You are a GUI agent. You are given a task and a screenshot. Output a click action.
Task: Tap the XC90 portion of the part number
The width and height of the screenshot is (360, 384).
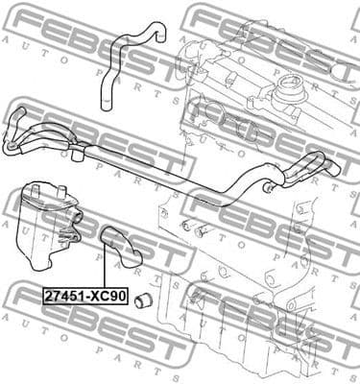point(107,297)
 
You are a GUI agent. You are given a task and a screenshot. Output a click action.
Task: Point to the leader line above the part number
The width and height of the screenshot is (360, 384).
point(105,268)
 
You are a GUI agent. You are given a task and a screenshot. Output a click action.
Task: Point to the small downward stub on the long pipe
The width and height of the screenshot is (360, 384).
point(75,154)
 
